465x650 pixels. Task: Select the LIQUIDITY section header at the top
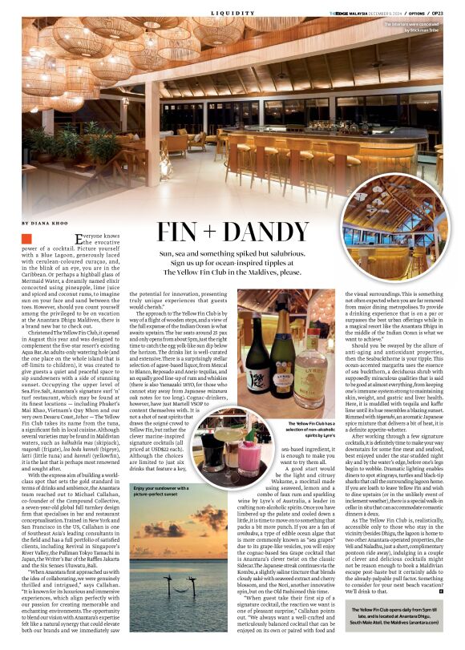click(232, 13)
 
